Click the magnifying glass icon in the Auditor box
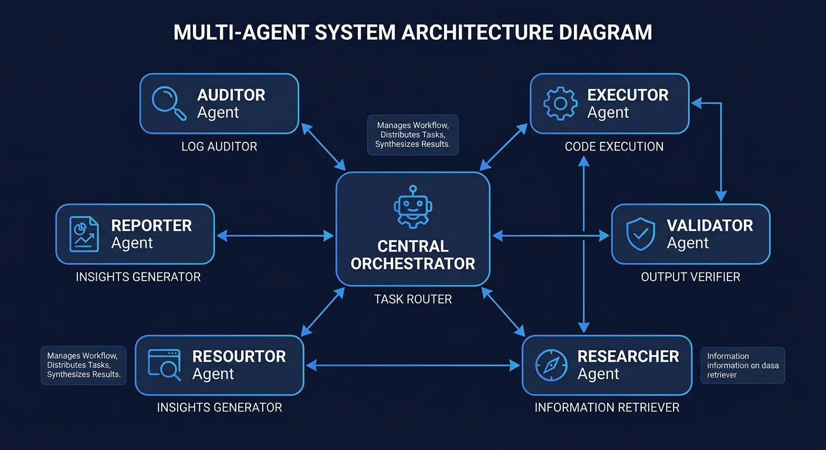point(169,103)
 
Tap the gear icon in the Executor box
point(560,104)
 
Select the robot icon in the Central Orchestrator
point(412,207)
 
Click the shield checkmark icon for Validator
point(641,234)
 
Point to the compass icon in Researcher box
point(551,366)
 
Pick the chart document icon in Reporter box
point(84,234)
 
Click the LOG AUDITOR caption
point(219,146)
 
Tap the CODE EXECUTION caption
point(614,146)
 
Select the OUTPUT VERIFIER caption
point(690,277)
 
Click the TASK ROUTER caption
point(413,299)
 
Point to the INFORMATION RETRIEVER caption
point(607,407)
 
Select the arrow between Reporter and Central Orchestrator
point(275,236)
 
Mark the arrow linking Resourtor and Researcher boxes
point(413,366)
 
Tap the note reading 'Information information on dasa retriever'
point(742,366)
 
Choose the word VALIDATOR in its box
point(710,226)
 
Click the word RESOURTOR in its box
point(239,356)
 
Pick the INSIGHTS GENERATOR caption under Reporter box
point(138,277)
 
